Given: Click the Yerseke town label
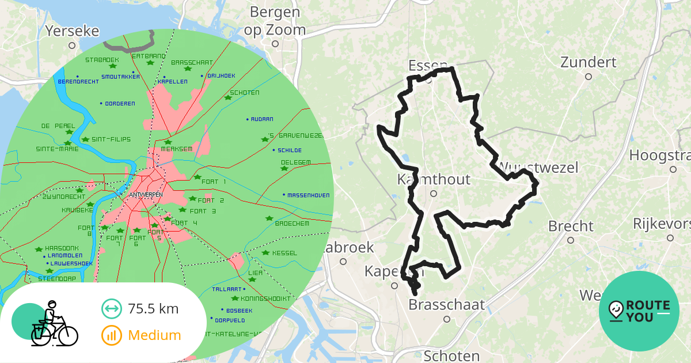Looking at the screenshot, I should coord(72,31).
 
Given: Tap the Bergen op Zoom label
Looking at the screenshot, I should coord(275,21).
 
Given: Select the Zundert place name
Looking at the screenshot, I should coord(588,62).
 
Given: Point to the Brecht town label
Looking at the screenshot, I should coord(571,226).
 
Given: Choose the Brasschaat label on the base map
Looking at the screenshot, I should coord(446,304).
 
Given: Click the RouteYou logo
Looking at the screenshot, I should coord(639,311).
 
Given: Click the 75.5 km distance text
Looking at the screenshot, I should coord(153,309).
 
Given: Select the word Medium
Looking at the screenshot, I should coord(154,335).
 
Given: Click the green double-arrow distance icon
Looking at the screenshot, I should coord(111,309).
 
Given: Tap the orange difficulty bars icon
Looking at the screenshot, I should coord(111,335).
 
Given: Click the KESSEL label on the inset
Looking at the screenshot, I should coord(284,253).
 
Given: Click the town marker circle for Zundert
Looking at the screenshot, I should coord(588,77).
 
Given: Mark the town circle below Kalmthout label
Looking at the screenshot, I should coord(434,194).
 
